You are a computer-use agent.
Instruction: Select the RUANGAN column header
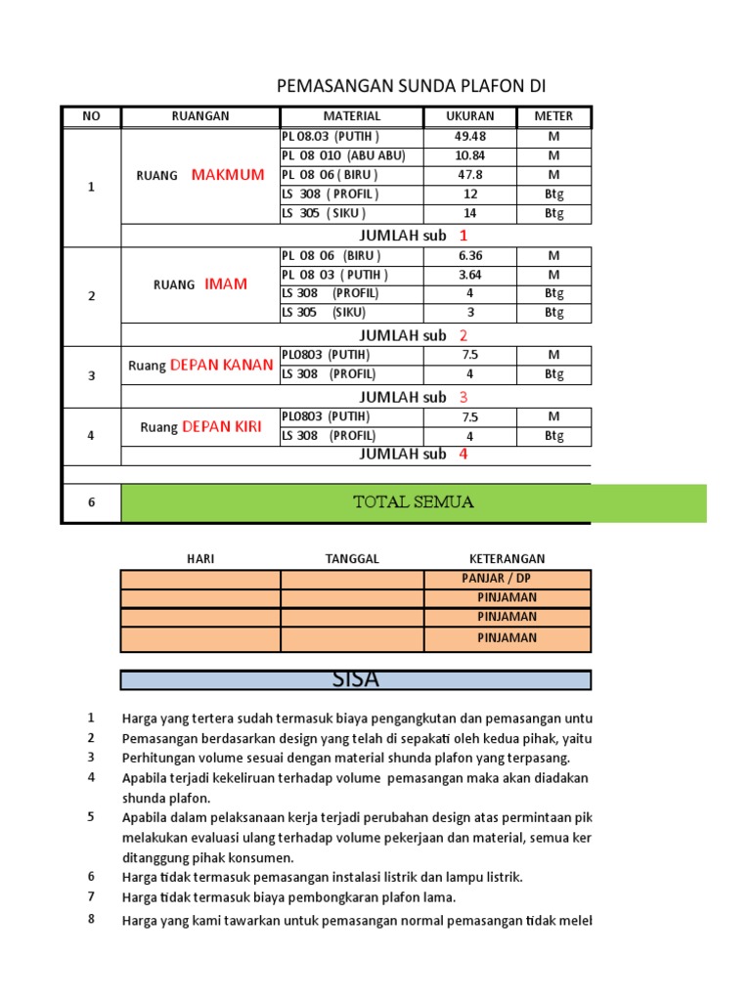click(x=200, y=116)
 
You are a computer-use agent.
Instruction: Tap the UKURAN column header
click(x=471, y=116)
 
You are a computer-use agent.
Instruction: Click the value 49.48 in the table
click(x=471, y=137)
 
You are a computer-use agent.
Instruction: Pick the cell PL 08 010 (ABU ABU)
click(x=343, y=156)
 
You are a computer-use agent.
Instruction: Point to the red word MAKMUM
click(x=228, y=175)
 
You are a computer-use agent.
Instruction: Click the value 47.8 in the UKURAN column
click(x=470, y=175)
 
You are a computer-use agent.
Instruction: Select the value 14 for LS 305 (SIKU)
click(x=470, y=213)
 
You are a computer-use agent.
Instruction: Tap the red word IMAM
click(x=226, y=284)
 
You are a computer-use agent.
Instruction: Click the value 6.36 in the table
click(x=470, y=256)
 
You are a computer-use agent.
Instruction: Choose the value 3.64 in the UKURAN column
click(x=470, y=275)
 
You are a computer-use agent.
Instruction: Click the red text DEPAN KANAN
click(x=222, y=365)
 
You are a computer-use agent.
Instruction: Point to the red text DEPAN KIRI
click(x=222, y=426)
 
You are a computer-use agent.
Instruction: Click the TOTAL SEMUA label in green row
click(x=413, y=502)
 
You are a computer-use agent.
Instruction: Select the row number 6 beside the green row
click(x=91, y=502)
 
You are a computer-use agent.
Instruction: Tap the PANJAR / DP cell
click(x=496, y=578)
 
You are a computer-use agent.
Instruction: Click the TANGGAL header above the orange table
click(x=352, y=558)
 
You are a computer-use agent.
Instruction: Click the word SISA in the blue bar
click(x=355, y=678)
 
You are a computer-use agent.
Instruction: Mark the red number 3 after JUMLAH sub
click(x=464, y=397)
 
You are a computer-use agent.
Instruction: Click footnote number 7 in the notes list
click(x=91, y=896)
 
